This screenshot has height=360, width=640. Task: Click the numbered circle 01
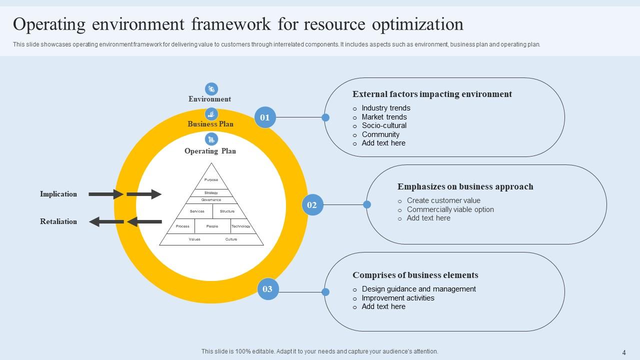(x=265, y=117)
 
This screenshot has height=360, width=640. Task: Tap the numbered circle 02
(x=312, y=205)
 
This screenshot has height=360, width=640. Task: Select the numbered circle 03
(x=267, y=289)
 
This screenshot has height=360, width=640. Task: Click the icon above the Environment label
(x=211, y=89)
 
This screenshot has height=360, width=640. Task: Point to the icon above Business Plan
(x=211, y=114)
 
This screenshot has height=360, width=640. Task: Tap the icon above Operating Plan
(x=211, y=139)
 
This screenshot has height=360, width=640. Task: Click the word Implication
(x=58, y=194)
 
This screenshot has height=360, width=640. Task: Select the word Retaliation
(x=58, y=221)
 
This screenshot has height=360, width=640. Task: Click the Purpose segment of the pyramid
(x=211, y=179)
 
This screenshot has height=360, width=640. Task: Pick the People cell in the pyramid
(x=212, y=226)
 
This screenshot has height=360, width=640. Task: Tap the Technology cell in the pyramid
(x=240, y=226)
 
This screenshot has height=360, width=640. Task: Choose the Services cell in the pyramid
(x=197, y=211)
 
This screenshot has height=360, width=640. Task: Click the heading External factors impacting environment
(x=432, y=94)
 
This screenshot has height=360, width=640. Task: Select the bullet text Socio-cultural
(x=384, y=125)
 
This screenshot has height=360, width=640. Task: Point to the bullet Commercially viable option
(x=450, y=209)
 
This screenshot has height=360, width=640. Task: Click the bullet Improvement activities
(x=398, y=298)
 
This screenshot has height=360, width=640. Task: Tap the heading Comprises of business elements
(x=415, y=275)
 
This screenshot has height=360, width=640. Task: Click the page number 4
(x=624, y=352)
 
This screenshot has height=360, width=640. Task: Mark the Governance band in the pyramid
(x=211, y=200)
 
